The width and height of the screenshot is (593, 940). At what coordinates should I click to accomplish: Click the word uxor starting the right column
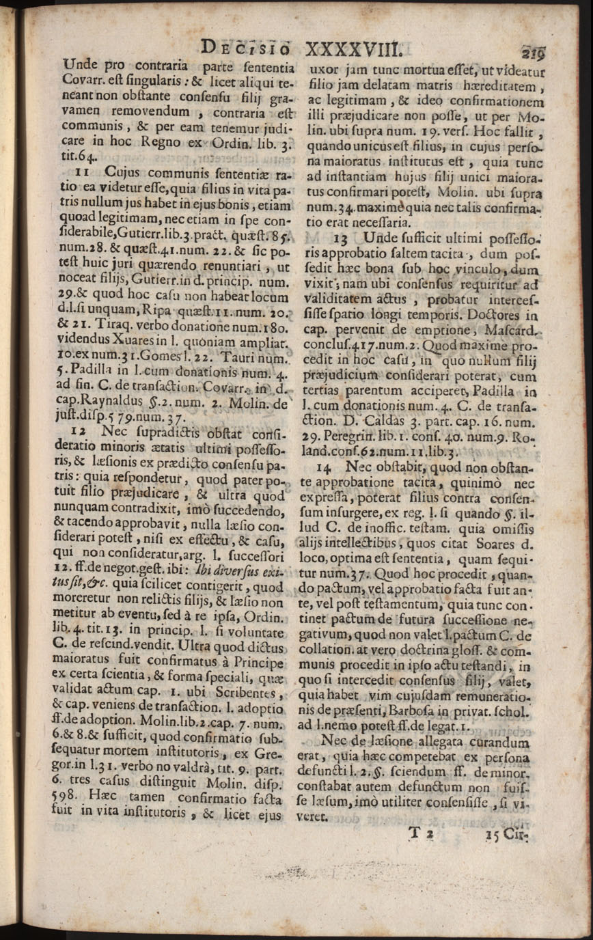(x=325, y=70)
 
